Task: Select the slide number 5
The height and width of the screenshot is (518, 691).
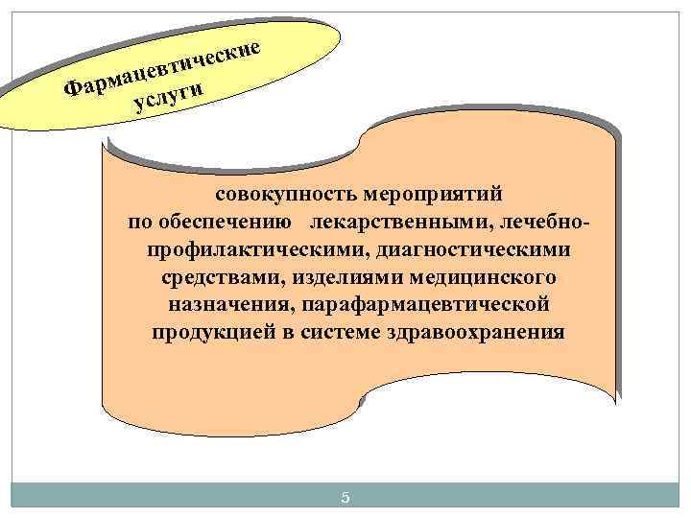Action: [x=346, y=497]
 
